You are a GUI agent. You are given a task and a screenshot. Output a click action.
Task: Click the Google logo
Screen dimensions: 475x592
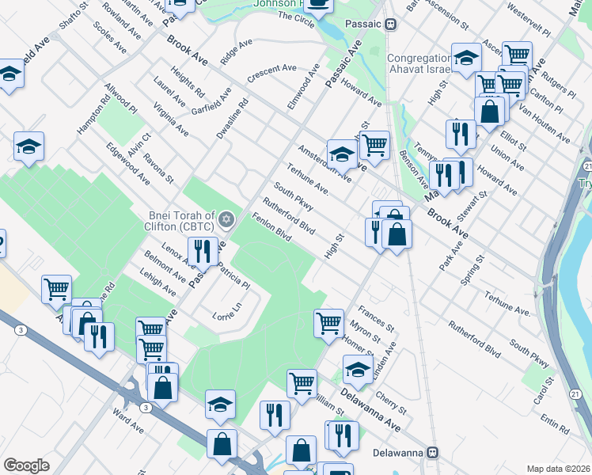click(26, 465)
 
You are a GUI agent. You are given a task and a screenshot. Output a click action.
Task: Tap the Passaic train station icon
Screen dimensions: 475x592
click(390, 24)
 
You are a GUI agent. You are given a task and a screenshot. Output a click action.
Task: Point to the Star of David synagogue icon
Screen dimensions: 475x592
click(226, 218)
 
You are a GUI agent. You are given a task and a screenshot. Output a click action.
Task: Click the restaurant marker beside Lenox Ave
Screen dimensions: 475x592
click(205, 251)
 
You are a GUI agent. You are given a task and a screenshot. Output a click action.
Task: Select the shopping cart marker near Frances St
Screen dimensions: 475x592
click(328, 322)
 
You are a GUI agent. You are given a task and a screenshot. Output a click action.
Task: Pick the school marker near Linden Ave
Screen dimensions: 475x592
click(358, 369)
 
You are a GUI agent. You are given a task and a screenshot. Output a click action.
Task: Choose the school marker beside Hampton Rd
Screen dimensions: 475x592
click(29, 146)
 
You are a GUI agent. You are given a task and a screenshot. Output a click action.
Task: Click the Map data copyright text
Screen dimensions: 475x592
click(558, 469)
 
